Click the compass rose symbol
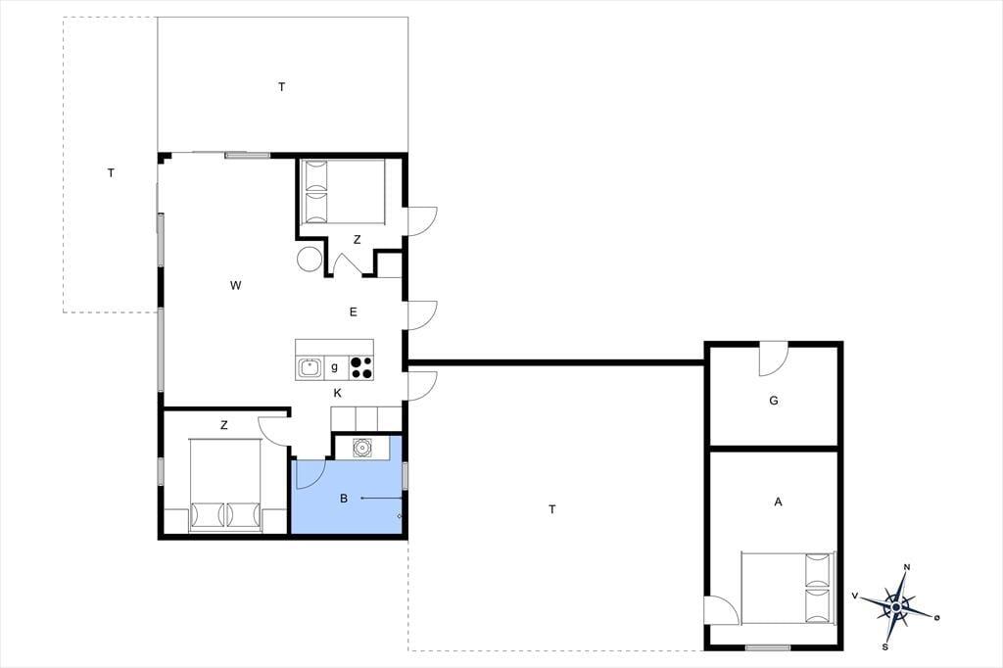[x=897, y=606]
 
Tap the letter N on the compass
[x=906, y=567]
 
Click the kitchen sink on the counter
[x=310, y=368]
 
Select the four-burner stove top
[x=361, y=368]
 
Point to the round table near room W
[x=310, y=260]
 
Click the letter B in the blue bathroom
[x=344, y=499]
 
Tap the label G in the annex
[x=774, y=402]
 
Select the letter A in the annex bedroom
[x=778, y=502]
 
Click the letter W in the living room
[x=235, y=285]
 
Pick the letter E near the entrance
[x=353, y=312]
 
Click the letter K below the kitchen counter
[x=338, y=393]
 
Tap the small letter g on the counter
[x=335, y=367]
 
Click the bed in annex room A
[x=788, y=588]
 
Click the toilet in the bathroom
[x=362, y=447]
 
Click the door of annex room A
[x=722, y=610]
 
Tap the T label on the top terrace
[x=281, y=87]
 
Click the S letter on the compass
[x=885, y=646]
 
